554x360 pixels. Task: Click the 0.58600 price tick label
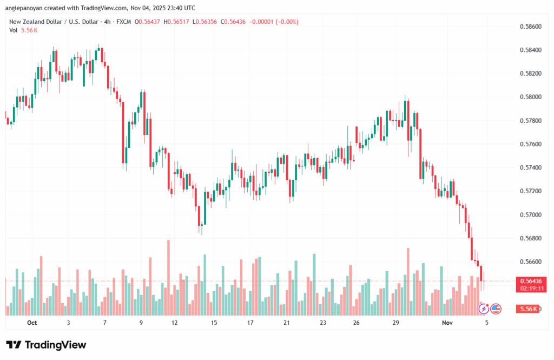click(x=530, y=26)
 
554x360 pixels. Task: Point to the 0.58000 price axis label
click(x=530, y=97)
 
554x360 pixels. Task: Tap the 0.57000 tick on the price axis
click(x=530, y=215)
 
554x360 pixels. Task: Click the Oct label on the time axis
click(x=31, y=323)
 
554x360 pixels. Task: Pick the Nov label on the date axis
click(x=447, y=323)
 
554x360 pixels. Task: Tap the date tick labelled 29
click(x=396, y=323)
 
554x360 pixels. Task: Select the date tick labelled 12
click(x=175, y=323)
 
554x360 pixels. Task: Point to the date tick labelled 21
click(x=286, y=323)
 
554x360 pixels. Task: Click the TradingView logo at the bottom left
click(x=46, y=345)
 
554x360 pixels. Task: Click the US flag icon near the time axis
click(x=495, y=309)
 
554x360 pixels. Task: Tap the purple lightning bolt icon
click(x=484, y=309)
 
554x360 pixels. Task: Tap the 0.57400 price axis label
click(x=530, y=168)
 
